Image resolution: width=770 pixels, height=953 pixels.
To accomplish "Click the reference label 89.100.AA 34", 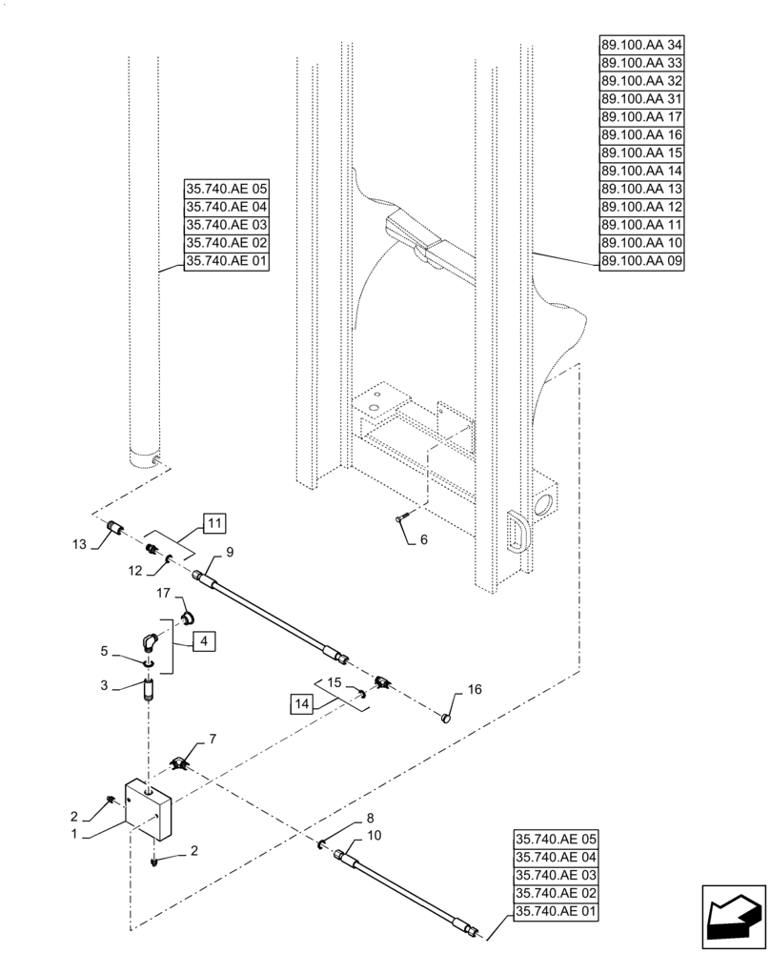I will coord(637,46).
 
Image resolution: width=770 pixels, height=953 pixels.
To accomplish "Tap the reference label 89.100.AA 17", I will coord(637,117).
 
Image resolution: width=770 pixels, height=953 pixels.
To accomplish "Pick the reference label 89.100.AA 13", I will coord(637,189).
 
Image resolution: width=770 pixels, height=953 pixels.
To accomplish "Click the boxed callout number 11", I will coord(213,522).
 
